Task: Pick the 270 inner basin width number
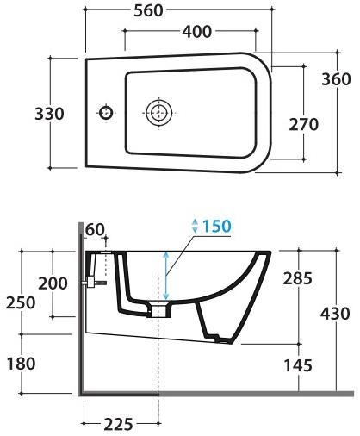pos(304,124)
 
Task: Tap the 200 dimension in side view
pos(53,283)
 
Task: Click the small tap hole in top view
pos(106,112)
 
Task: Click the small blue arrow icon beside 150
pos(196,226)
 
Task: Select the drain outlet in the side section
pos(160,311)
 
